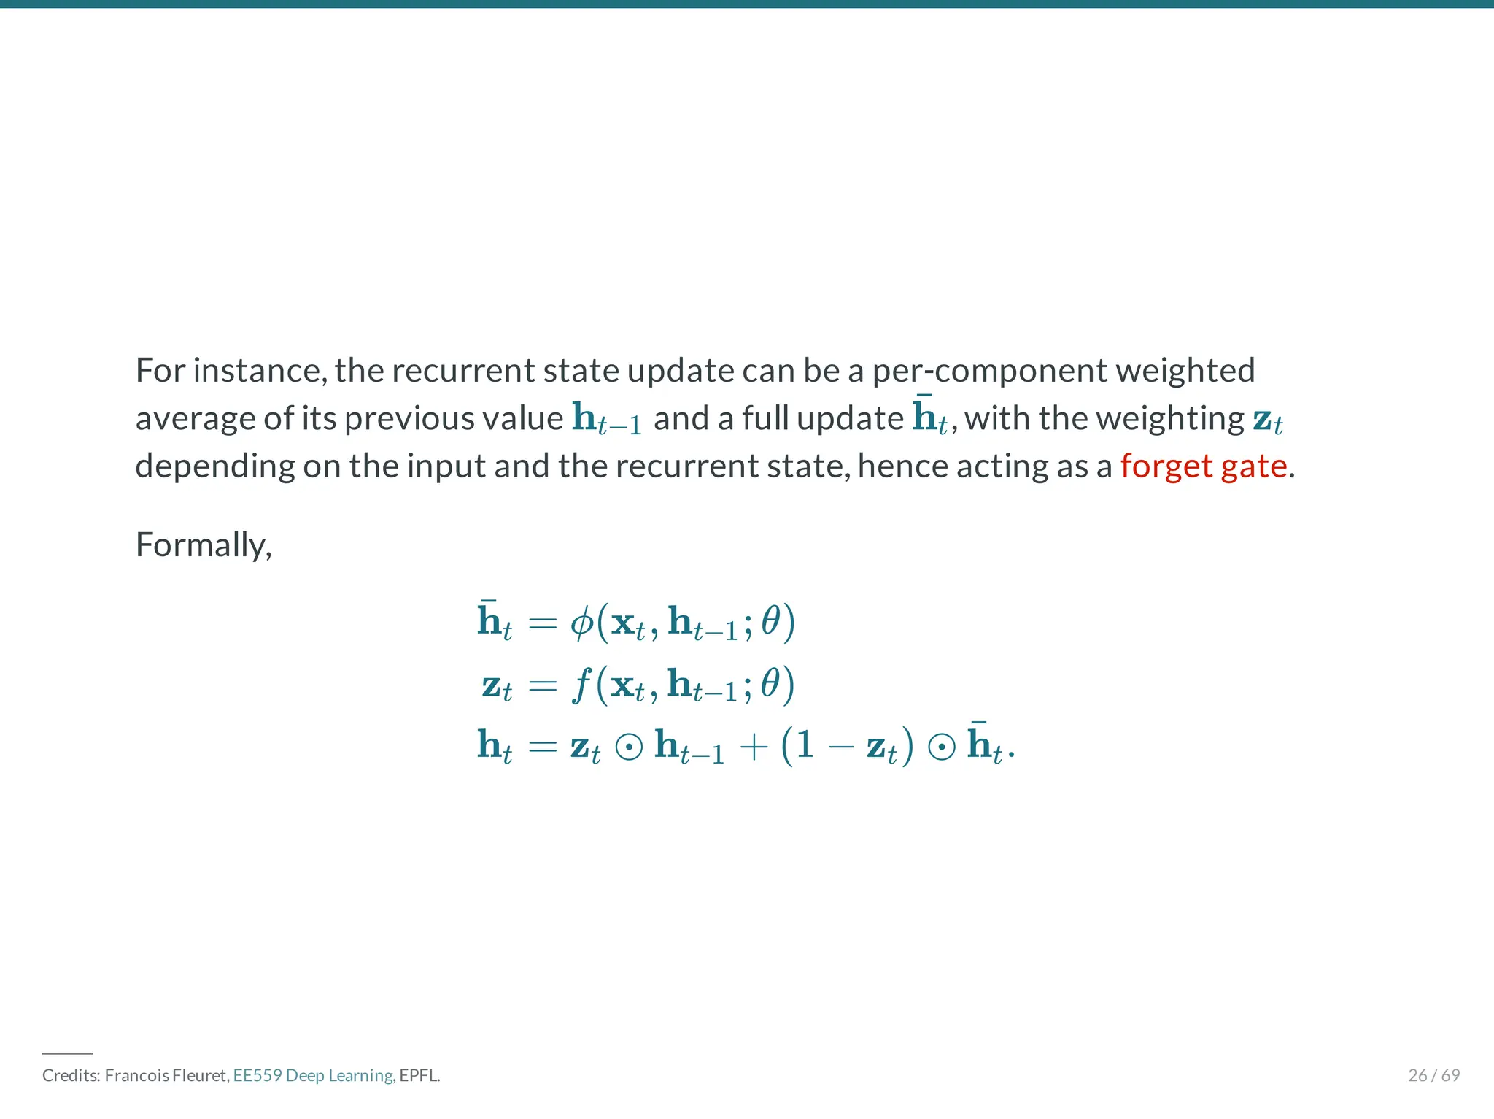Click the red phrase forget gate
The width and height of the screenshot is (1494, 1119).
coord(1203,466)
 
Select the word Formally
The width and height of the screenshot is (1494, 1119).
coord(202,545)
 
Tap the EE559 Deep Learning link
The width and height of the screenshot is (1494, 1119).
coord(312,1075)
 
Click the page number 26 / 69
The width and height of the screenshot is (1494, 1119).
coord(1433,1075)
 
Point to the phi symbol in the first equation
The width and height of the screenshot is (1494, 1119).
coord(581,623)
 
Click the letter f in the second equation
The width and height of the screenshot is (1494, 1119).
coord(581,685)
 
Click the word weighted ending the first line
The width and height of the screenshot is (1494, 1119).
coord(1185,371)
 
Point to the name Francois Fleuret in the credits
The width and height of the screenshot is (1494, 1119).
coord(166,1075)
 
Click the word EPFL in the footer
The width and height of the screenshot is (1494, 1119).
coord(419,1075)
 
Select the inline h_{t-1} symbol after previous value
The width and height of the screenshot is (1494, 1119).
coord(606,419)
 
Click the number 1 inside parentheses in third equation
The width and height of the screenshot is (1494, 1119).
coord(805,746)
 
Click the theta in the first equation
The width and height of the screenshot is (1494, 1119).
coord(770,623)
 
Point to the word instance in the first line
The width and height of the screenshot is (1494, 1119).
coord(259,371)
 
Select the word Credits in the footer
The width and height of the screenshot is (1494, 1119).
coord(70,1075)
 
